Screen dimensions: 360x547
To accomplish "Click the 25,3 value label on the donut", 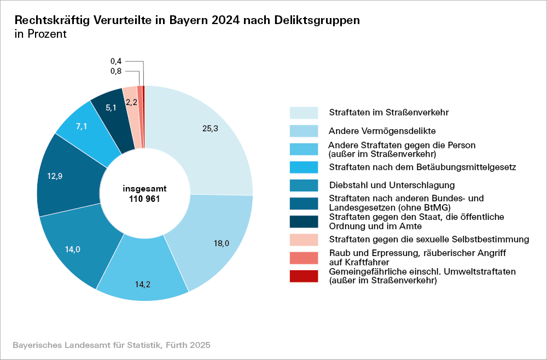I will (210, 129).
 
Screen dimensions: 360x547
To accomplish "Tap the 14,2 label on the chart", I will (143, 284).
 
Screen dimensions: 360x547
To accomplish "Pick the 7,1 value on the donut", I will (82, 126).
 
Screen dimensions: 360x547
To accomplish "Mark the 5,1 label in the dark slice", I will (110, 108).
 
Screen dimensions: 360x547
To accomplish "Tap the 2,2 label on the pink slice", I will (131, 102).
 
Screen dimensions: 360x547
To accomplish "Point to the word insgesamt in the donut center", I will (145, 188).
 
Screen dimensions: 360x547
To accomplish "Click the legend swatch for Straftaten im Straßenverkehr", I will (304, 113).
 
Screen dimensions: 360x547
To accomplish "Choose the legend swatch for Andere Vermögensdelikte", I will (304, 131).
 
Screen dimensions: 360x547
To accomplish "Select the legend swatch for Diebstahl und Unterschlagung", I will (304, 185).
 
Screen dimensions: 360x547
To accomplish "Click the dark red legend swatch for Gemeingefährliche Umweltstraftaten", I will (304, 276).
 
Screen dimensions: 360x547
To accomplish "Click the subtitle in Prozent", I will (40, 34).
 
